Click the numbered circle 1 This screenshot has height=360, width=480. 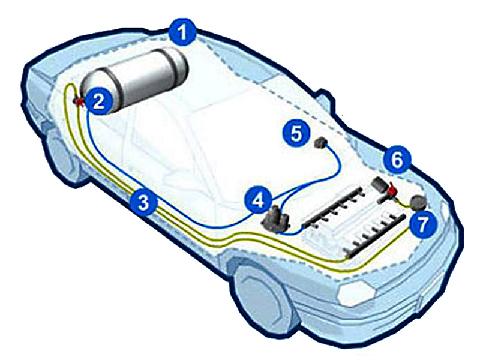coord(183,32)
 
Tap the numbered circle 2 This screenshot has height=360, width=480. coord(98,102)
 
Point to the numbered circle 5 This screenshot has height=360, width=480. coord(296,133)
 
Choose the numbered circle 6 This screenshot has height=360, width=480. coord(397,160)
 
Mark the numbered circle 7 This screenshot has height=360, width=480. coord(423,226)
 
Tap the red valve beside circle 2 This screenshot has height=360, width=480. coord(79,101)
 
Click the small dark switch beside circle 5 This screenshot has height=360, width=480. coord(321,143)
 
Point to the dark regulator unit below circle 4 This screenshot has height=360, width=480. coord(275,219)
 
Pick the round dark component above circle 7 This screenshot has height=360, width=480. coord(418,202)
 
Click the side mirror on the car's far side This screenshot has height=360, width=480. coord(325,99)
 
